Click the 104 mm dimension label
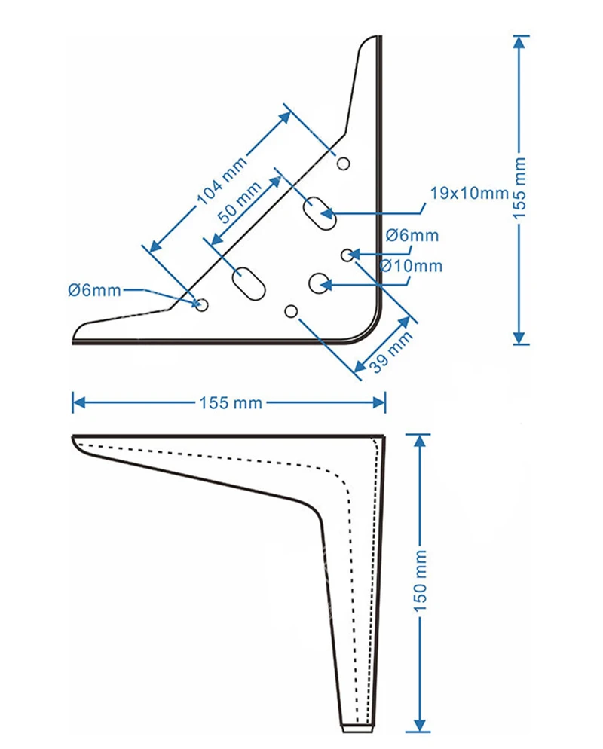pos(222,180)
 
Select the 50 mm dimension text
pos(240,203)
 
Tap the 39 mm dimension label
pos(391,352)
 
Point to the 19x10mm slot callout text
pos(470,194)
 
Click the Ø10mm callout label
pos(411,265)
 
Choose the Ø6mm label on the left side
pos(94,290)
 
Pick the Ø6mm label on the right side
pos(412,235)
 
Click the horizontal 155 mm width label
pos(231,402)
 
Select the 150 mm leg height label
pos(420,580)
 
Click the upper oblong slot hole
pos(320,213)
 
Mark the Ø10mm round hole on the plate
pos(319,283)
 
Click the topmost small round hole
pos(343,164)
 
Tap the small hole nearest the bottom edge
pos(291,312)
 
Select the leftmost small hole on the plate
pos(202,304)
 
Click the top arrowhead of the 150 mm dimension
pos(420,440)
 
